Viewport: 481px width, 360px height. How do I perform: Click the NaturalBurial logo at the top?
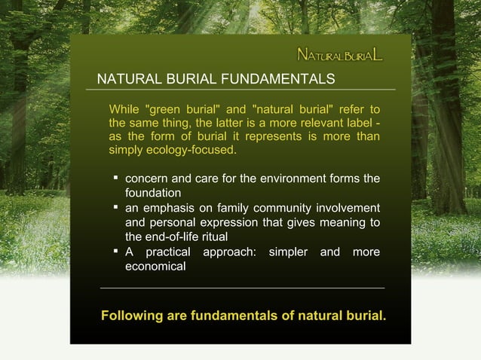pyautogui.click(x=339, y=55)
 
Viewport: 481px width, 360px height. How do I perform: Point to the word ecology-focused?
pyautogui.click(x=195, y=151)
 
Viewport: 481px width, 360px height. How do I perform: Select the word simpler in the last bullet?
pyautogui.click(x=288, y=252)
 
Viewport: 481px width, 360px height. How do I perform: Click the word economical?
pyautogui.click(x=155, y=267)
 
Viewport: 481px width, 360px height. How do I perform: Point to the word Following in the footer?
pyautogui.click(x=131, y=314)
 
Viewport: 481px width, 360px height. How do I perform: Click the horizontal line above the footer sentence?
pyautogui.click(x=242, y=288)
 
